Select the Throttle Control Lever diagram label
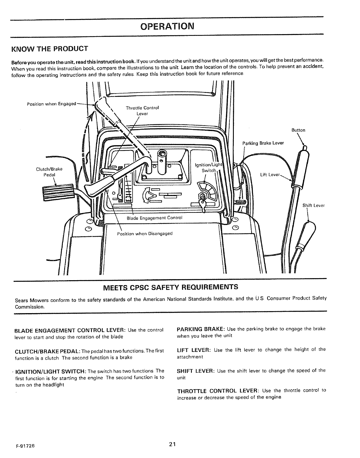click(142, 111)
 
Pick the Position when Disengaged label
click(145, 234)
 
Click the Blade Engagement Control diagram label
click(155, 218)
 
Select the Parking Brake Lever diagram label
click(263, 143)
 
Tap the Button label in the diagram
click(298, 130)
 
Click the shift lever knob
click(308, 231)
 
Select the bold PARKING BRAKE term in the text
click(201, 329)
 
